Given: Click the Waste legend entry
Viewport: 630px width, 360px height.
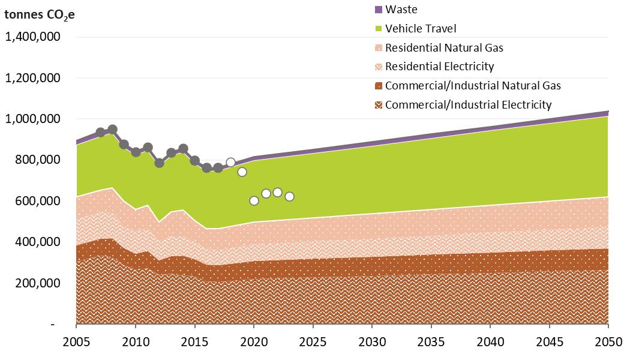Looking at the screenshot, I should coord(401,9).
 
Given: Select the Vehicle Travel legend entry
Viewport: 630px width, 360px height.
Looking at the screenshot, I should coord(420,28).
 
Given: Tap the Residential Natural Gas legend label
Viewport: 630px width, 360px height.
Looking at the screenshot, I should coord(444,47).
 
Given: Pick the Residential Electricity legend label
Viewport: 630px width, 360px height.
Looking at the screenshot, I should coord(439,66).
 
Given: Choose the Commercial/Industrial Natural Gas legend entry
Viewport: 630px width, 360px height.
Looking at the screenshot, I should coord(473,85).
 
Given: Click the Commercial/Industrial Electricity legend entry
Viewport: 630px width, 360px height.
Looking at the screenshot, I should coord(468,104).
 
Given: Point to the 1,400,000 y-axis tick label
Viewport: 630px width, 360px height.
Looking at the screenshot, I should coord(32,37).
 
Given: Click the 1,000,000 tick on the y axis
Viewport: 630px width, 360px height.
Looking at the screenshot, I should coord(32,119).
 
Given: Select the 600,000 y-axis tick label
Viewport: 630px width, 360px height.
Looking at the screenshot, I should coord(37,201).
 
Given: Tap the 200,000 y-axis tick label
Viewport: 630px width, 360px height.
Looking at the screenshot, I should coord(37,283).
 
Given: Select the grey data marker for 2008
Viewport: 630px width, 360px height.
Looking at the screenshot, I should coord(112,129).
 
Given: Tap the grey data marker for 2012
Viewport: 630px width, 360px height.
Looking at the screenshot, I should coord(160,163).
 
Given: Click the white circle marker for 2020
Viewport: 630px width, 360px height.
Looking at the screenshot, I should coord(254,200).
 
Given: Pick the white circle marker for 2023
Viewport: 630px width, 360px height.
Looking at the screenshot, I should coord(289,196).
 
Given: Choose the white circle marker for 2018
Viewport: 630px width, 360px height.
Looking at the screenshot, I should coord(230,162).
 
